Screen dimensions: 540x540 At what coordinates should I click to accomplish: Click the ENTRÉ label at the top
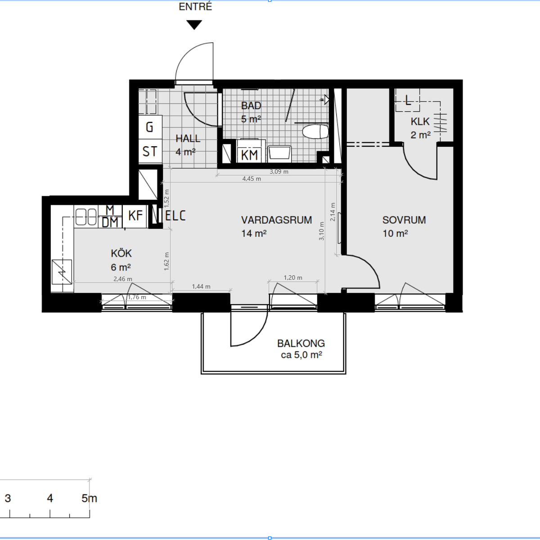click(x=195, y=6)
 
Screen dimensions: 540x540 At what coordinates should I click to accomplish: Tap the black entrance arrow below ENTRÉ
click(x=194, y=25)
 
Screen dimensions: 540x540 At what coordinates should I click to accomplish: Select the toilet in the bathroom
click(x=315, y=132)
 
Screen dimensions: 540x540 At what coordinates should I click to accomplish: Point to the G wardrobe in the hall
click(x=150, y=127)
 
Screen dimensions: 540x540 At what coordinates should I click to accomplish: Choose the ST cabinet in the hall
click(x=150, y=151)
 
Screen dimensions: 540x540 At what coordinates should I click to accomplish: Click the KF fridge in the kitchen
click(x=135, y=216)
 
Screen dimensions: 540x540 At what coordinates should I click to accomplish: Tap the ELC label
click(x=175, y=216)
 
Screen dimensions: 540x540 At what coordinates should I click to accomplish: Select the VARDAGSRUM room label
click(x=276, y=220)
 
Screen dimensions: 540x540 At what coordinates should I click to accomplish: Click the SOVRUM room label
click(x=404, y=220)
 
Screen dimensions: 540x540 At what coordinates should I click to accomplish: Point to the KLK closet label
click(x=420, y=121)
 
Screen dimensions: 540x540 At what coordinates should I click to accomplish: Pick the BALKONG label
click(x=301, y=343)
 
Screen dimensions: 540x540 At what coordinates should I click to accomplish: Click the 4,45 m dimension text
click(x=252, y=179)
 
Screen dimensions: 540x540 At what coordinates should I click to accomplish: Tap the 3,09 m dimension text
click(x=279, y=171)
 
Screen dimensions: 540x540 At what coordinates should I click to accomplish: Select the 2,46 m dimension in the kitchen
click(x=123, y=279)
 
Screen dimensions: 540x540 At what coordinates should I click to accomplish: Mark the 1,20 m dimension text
click(x=293, y=278)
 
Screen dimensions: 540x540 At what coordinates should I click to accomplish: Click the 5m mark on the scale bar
click(x=90, y=498)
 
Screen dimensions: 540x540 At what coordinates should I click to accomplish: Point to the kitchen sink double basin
click(x=86, y=216)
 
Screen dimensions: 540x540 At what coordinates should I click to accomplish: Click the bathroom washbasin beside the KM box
click(x=279, y=153)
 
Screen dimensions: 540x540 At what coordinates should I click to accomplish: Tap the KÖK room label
click(x=121, y=253)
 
